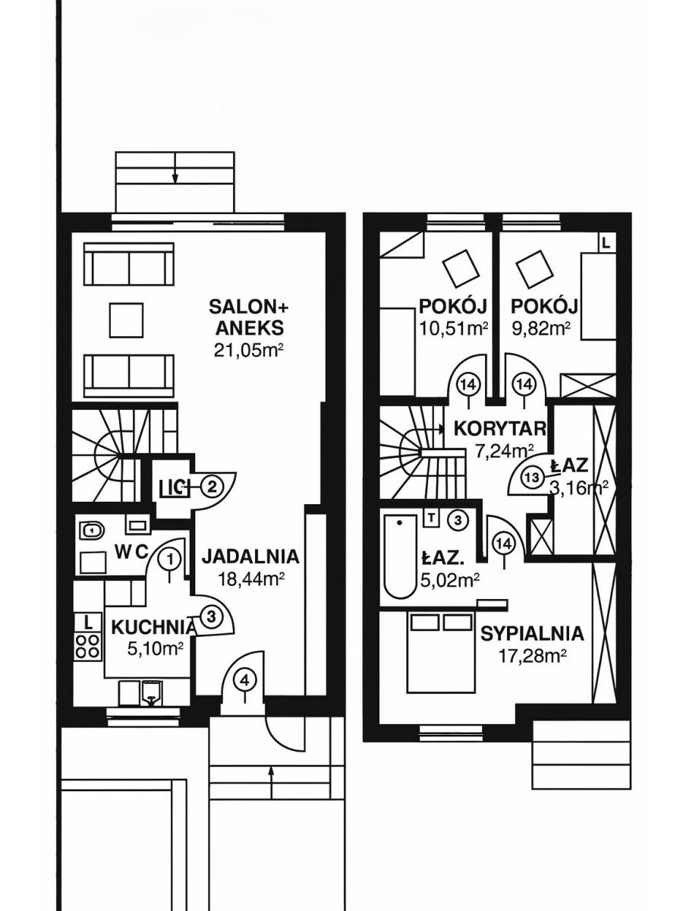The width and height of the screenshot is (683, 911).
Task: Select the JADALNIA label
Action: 250,556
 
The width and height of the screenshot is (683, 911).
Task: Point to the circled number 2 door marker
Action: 212,486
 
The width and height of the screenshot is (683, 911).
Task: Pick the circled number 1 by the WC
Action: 172,560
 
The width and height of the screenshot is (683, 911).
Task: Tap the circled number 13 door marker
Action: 532,478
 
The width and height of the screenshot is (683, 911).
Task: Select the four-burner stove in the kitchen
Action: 89,645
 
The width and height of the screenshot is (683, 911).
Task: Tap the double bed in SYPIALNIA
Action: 440,653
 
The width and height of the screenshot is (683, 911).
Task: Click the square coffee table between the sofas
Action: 126,320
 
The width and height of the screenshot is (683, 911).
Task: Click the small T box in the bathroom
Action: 431,519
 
